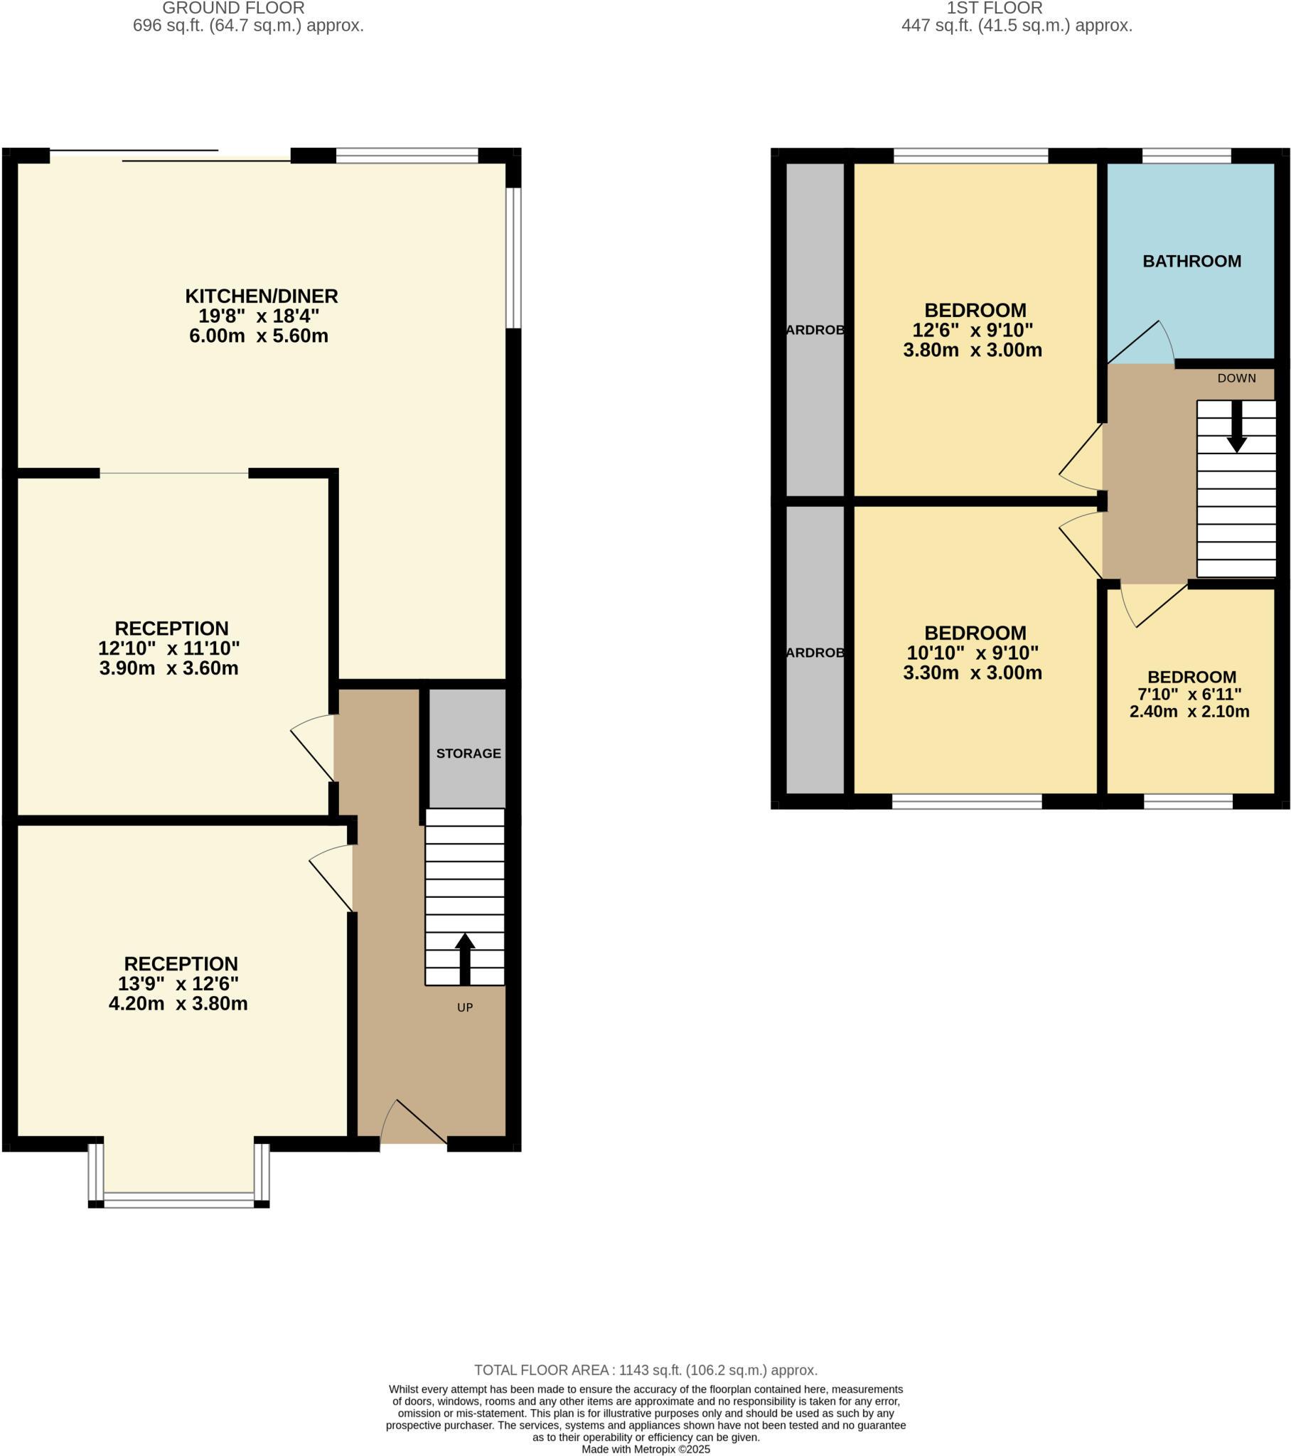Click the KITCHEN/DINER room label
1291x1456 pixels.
click(261, 296)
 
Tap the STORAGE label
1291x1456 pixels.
click(468, 753)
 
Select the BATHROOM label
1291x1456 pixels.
click(1191, 262)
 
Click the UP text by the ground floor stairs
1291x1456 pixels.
click(464, 1007)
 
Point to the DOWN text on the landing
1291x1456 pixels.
click(1236, 378)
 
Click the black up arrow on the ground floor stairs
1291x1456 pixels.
click(464, 958)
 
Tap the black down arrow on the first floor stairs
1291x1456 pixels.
click(1236, 426)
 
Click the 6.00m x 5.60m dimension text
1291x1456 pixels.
click(259, 336)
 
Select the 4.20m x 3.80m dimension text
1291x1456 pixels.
click(178, 1004)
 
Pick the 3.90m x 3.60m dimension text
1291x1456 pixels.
click(169, 668)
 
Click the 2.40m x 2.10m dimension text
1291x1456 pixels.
click(1189, 711)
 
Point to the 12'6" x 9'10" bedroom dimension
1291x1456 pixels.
click(973, 330)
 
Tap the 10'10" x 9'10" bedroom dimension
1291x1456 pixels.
click(973, 653)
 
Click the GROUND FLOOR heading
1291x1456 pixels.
click(233, 8)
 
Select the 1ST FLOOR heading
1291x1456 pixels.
click(994, 8)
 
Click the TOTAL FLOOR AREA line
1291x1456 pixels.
click(645, 1370)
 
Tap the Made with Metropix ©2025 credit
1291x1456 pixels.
click(645, 1449)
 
